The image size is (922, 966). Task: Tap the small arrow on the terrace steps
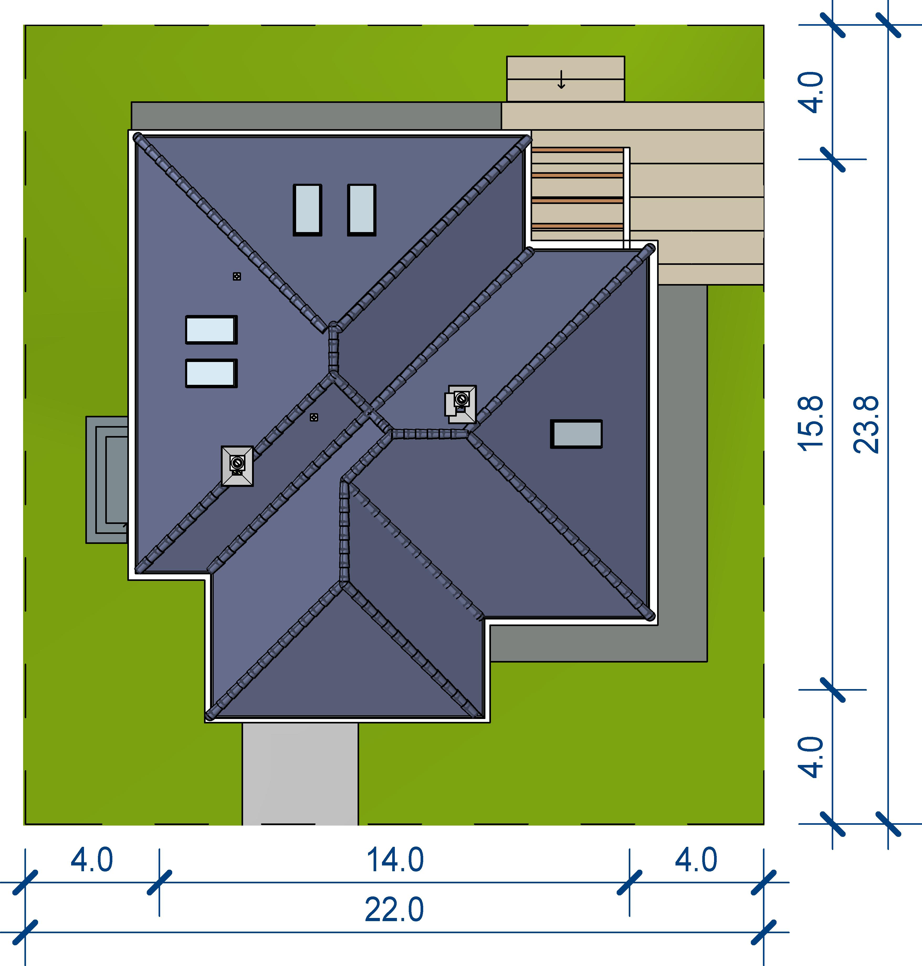(x=561, y=80)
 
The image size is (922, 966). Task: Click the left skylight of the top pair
(x=308, y=210)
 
